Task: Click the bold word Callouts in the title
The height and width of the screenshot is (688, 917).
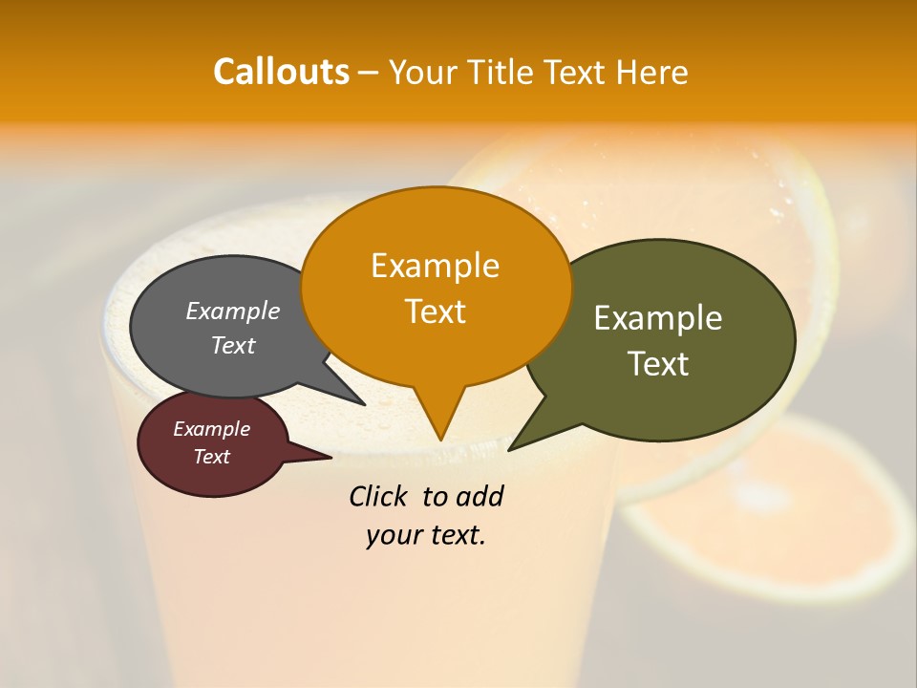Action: (x=281, y=72)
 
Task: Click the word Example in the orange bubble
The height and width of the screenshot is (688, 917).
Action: (x=435, y=265)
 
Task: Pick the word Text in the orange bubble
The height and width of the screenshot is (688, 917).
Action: (x=435, y=311)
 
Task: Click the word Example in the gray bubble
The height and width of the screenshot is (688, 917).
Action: (x=233, y=311)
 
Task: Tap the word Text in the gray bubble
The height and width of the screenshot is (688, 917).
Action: (x=233, y=345)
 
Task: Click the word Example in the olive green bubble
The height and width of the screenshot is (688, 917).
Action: (x=658, y=317)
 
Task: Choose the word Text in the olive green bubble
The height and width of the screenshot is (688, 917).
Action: (x=658, y=363)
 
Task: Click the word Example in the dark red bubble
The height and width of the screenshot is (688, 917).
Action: (x=211, y=429)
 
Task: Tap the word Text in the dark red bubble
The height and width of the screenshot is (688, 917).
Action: (x=211, y=457)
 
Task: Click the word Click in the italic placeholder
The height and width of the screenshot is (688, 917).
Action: (x=379, y=496)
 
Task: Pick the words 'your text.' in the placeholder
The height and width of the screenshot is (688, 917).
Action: (x=426, y=535)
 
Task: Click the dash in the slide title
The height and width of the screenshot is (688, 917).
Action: (x=370, y=73)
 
